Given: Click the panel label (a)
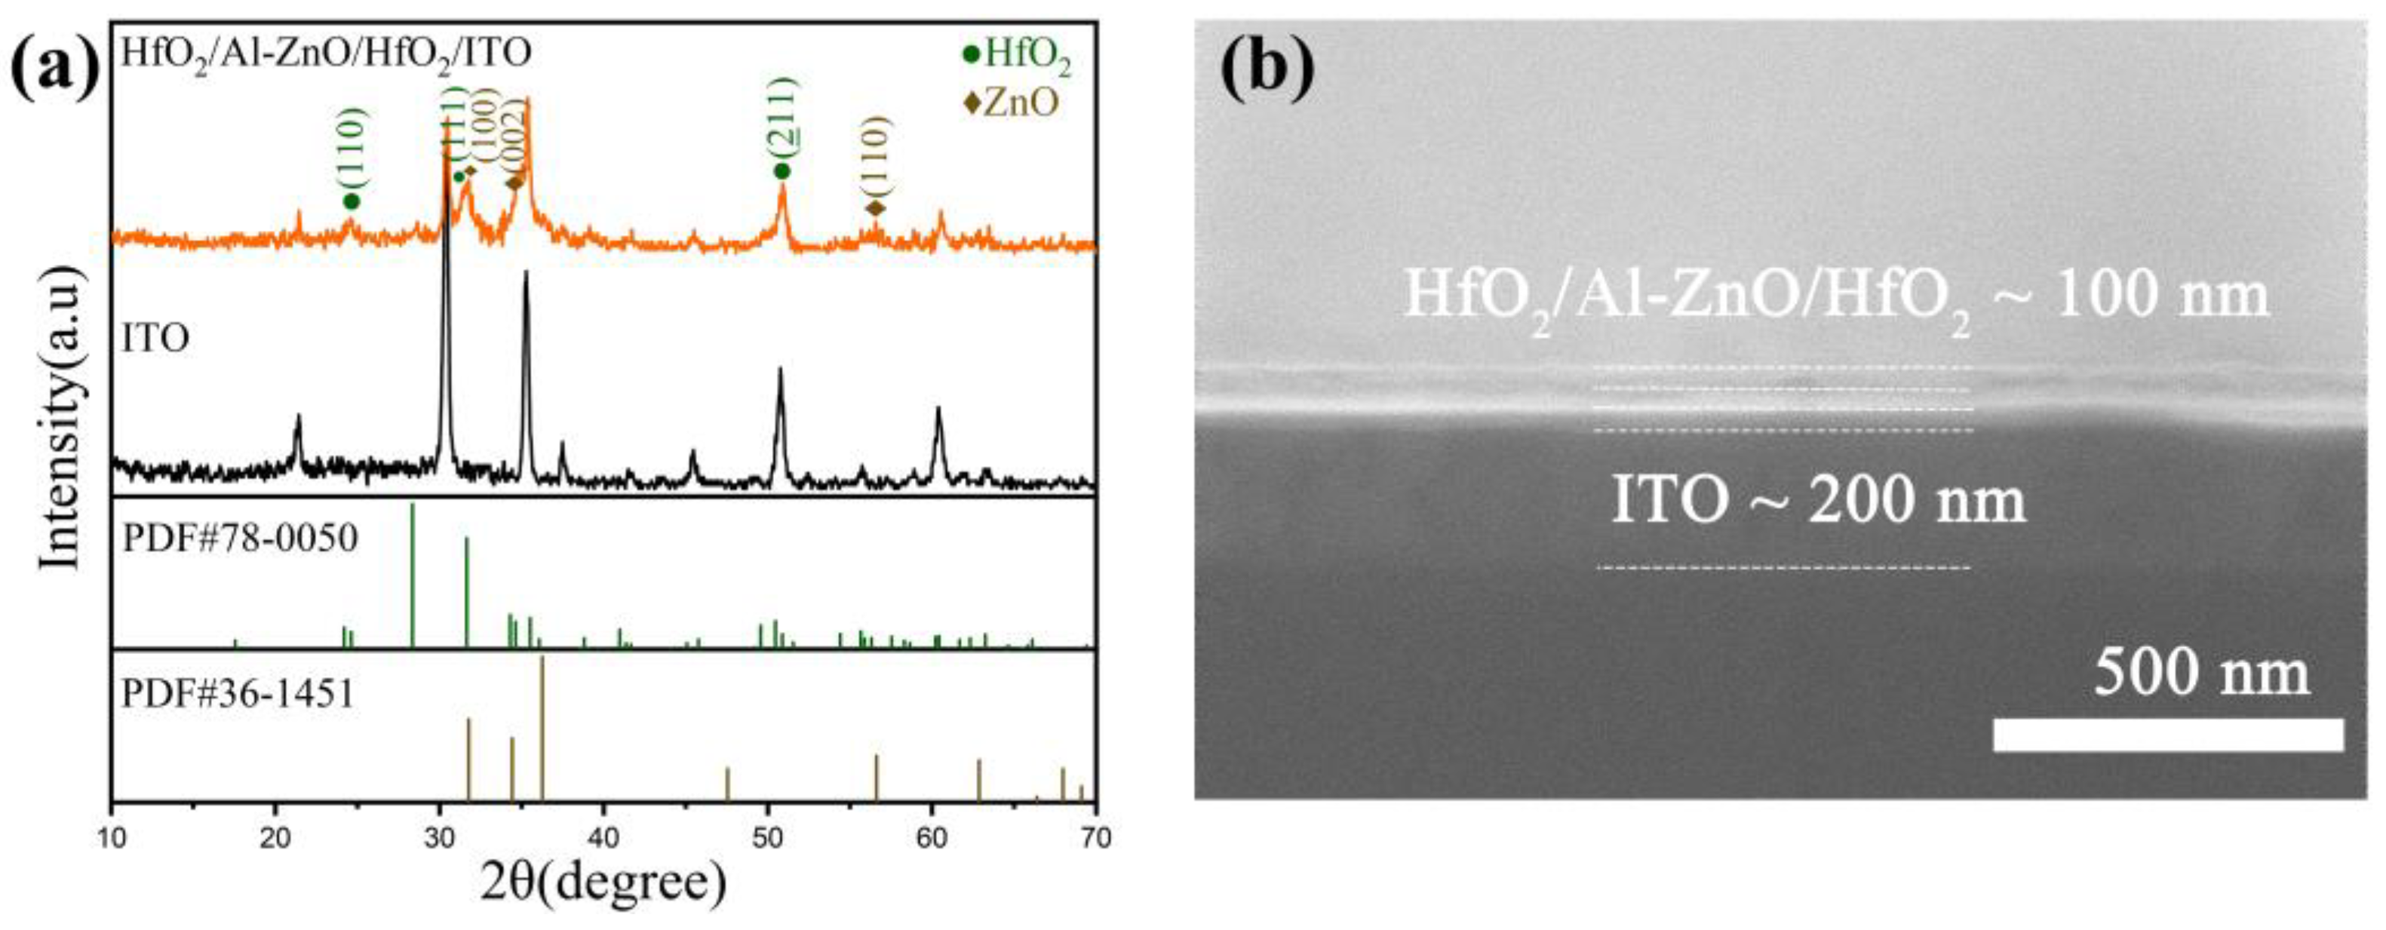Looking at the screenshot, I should (54, 65).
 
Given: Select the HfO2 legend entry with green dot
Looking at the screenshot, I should (1017, 56).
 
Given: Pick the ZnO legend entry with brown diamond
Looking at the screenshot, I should (1011, 102).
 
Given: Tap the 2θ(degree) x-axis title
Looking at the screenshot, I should (603, 882).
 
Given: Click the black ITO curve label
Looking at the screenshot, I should (155, 339).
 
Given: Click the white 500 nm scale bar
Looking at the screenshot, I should (2167, 735).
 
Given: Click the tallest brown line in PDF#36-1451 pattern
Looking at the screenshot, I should (542, 726).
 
